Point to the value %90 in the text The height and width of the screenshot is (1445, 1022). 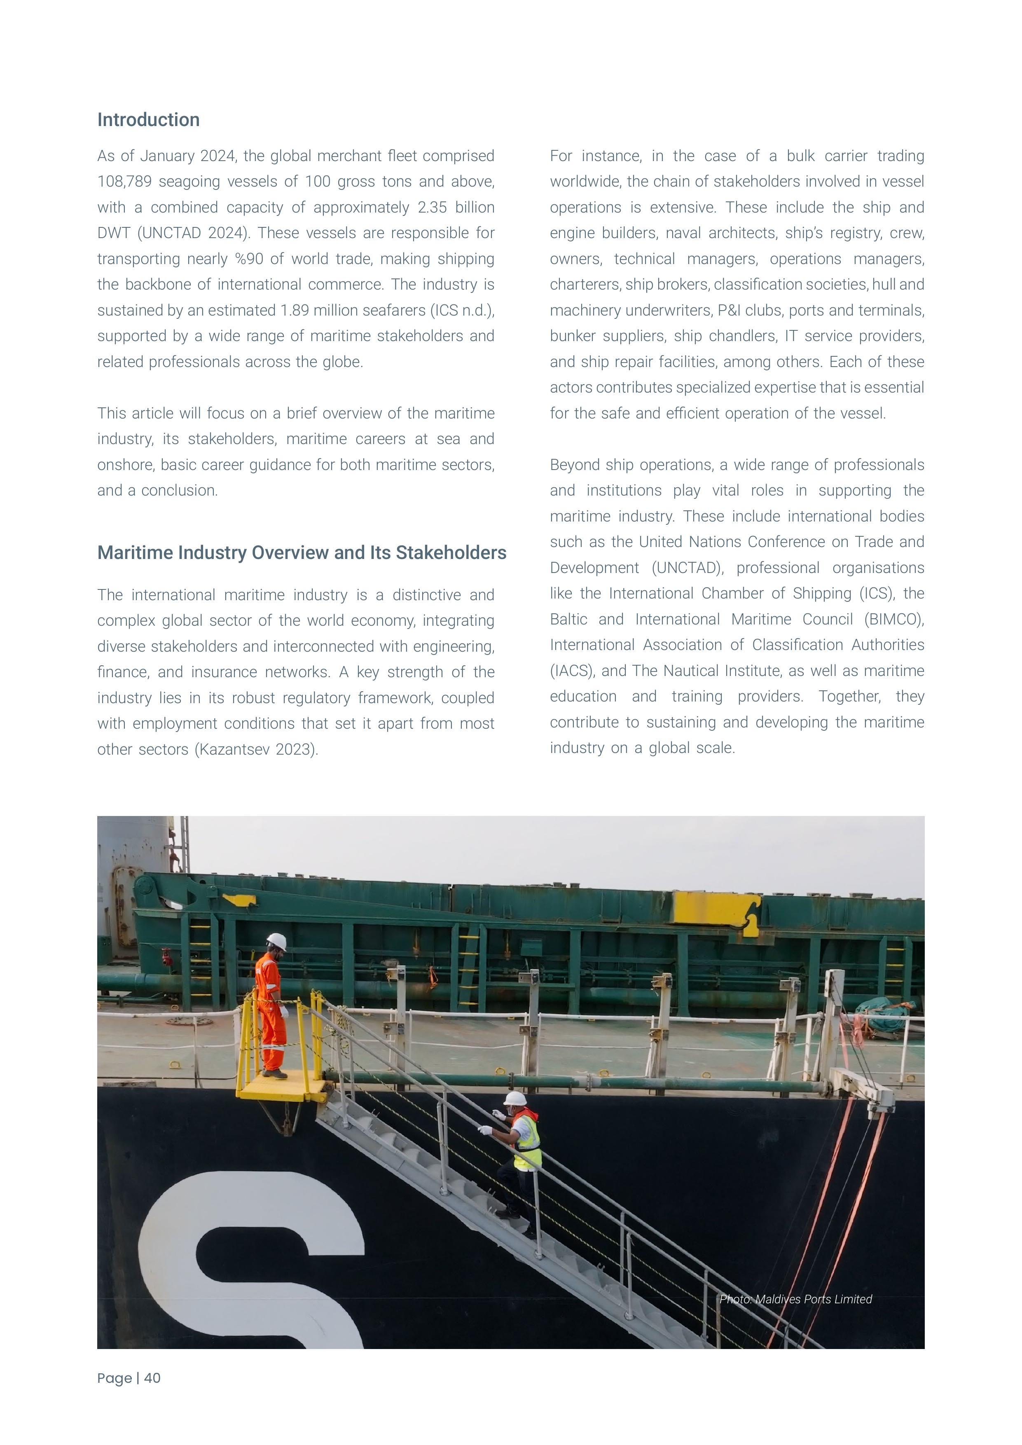pos(251,259)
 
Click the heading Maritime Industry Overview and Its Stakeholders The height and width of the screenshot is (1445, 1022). pos(302,552)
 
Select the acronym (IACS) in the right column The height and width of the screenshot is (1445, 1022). pos(572,671)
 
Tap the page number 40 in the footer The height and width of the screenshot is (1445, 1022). pos(152,1378)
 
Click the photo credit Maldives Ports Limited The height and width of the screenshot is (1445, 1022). pos(813,1299)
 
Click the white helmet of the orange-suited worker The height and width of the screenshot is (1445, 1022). pos(276,942)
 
